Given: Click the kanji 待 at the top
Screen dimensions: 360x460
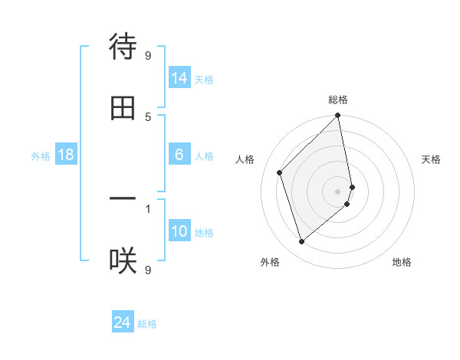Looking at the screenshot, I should click(123, 47).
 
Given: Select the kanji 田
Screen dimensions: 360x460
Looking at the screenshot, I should click(123, 108).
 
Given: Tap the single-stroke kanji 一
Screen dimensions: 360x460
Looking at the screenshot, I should click(123, 199).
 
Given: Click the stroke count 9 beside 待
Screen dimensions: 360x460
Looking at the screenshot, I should click(148, 54).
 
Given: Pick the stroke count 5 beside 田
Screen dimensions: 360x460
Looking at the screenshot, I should click(148, 116).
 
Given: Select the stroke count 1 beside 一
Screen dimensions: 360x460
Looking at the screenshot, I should click(148, 207).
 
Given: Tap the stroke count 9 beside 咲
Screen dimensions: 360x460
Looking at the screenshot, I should click(148, 269).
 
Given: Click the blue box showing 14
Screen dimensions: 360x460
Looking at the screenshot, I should click(179, 78).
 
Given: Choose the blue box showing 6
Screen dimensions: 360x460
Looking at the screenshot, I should click(179, 155).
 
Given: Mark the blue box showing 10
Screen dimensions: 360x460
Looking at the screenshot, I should click(179, 231).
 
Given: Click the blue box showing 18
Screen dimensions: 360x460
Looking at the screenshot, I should click(66, 155).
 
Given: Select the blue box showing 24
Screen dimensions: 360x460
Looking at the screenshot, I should click(123, 322).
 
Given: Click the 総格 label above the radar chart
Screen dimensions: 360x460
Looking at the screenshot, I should click(338, 100).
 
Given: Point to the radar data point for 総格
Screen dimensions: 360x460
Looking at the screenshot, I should click(338, 116).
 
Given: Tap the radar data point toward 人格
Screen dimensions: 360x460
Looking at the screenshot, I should click(280, 172).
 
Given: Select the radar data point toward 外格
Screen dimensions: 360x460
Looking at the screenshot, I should click(302, 242).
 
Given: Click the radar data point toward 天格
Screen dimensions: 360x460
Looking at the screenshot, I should click(353, 186).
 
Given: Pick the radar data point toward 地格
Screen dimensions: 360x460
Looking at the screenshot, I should click(347, 204).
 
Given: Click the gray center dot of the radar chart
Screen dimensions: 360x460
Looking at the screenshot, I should click(338, 191).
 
